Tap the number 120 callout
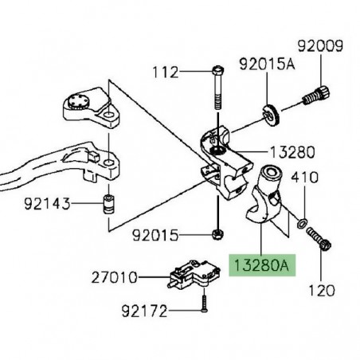click(x=321, y=291)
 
